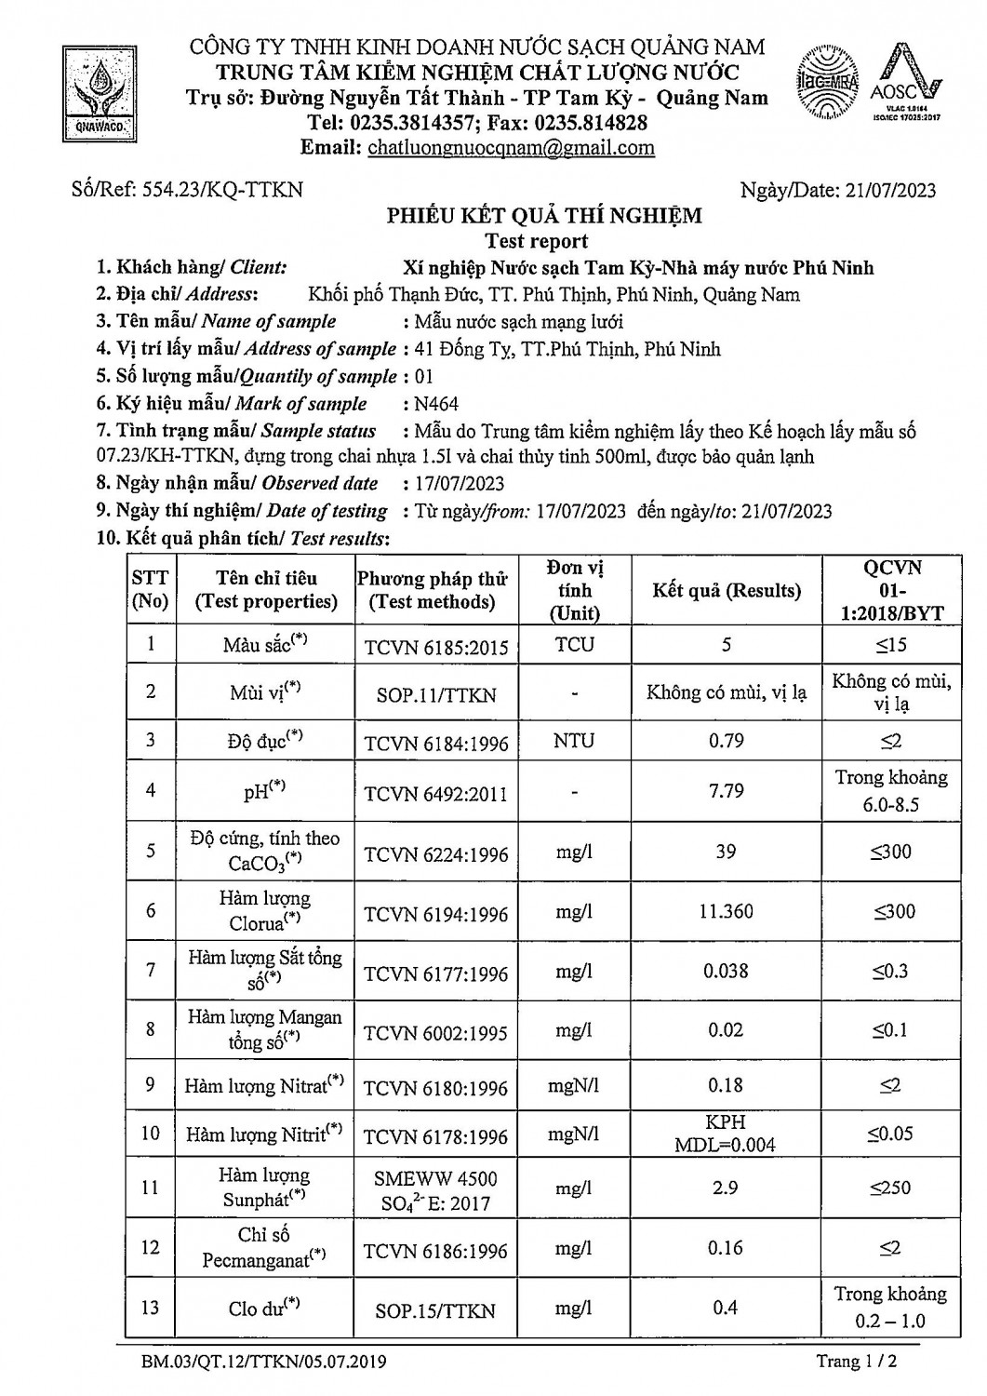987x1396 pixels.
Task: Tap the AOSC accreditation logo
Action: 906,84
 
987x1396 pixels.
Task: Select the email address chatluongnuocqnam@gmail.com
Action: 511,148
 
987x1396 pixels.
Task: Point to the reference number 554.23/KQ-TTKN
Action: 222,190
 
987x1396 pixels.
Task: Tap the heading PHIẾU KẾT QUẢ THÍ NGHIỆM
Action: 544,217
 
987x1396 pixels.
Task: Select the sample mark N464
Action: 436,404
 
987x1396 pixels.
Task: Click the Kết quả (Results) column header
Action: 727,591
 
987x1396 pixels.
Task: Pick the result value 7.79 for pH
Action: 726,791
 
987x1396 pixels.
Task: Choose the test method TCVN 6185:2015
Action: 435,647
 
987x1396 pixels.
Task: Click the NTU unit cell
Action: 574,742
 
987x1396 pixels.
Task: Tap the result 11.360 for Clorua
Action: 726,912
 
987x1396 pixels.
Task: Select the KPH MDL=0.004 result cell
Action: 726,1134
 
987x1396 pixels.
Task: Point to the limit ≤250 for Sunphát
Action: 890,1188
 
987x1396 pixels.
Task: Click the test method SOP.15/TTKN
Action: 435,1310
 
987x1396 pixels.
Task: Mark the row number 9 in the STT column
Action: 150,1085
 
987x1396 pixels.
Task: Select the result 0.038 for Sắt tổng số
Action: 726,972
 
